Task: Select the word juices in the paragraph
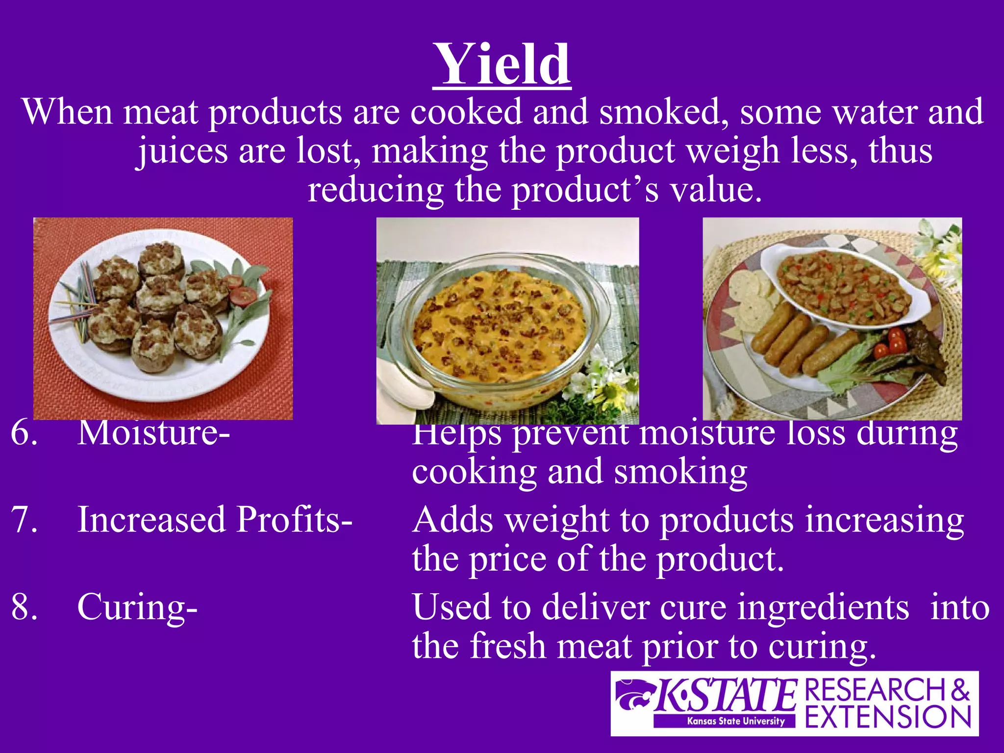[182, 151]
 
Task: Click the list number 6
[24, 433]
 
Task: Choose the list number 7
[24, 520]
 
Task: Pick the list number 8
[24, 607]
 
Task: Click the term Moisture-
[153, 433]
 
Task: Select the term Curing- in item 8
[137, 607]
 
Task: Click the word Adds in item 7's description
[452, 520]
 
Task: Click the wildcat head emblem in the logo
[633, 695]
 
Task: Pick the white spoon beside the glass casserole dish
[402, 382]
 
